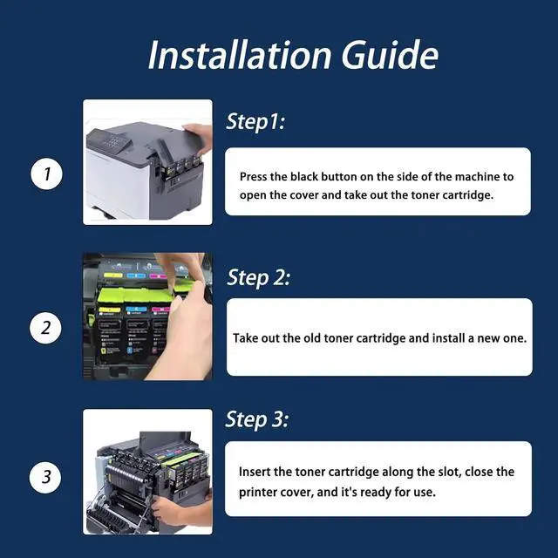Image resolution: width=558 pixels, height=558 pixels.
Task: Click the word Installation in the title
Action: click(x=240, y=55)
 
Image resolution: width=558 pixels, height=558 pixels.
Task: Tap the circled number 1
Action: click(x=46, y=174)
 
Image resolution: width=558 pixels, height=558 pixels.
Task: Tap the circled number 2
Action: click(x=45, y=328)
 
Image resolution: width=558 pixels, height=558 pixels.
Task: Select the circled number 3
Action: click(x=45, y=477)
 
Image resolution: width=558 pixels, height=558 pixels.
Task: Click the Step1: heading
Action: click(x=255, y=122)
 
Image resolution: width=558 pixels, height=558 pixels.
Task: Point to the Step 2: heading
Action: click(x=258, y=277)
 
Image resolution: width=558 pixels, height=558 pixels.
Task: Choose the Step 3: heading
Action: click(x=257, y=419)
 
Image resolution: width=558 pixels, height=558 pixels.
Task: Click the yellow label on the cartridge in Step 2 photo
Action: click(x=110, y=310)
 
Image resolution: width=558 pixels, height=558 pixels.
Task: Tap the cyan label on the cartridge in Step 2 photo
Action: click(x=137, y=309)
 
